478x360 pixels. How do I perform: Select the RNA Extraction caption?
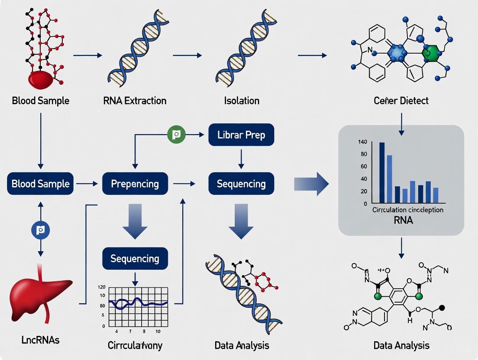point(134,101)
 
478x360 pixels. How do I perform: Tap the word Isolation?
point(242,101)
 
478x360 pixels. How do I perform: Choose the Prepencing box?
point(134,183)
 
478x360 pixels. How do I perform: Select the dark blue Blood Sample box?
point(41,183)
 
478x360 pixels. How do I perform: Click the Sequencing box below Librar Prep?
point(241,183)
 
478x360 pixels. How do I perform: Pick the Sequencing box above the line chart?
point(135,258)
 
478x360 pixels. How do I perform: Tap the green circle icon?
point(176,135)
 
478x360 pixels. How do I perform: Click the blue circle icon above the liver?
point(41,230)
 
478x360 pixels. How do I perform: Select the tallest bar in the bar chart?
point(382,172)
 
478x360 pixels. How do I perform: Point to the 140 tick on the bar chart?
point(362,142)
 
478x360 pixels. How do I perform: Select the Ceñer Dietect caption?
point(401,101)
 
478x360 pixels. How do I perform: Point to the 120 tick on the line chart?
point(102,287)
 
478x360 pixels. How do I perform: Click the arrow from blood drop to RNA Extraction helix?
point(87,55)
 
